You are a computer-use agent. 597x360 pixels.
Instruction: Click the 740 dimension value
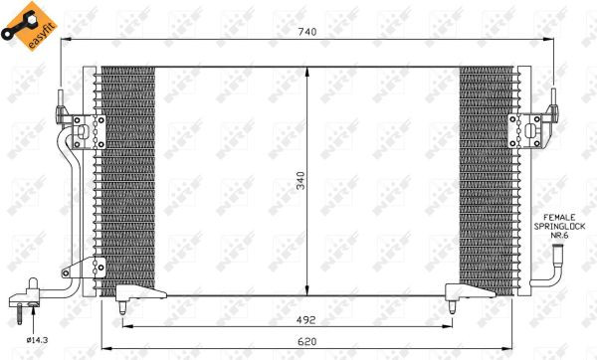(x=307, y=32)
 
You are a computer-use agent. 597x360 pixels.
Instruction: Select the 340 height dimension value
(x=300, y=181)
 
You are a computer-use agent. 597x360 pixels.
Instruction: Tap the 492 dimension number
(x=306, y=320)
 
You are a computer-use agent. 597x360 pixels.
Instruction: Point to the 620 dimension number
(x=306, y=342)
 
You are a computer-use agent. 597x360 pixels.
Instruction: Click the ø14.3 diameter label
(x=38, y=340)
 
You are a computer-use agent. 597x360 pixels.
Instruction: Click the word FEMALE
(x=559, y=218)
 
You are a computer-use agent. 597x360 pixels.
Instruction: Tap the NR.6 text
(x=559, y=236)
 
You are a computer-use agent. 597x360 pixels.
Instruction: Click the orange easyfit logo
(x=29, y=26)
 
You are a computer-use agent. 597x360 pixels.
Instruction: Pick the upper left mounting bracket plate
(x=89, y=131)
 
